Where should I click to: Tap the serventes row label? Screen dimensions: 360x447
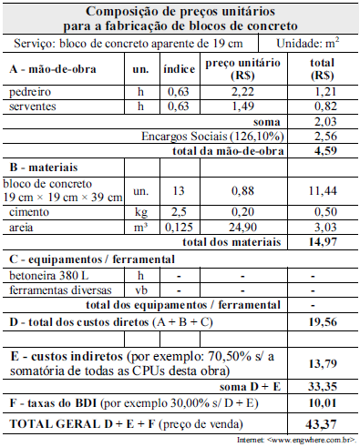[32, 107]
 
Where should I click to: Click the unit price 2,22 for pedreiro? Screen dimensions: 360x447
[230, 93]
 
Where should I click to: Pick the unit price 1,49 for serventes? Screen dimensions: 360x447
[230, 107]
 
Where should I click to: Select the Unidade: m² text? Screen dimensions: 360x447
[308, 44]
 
